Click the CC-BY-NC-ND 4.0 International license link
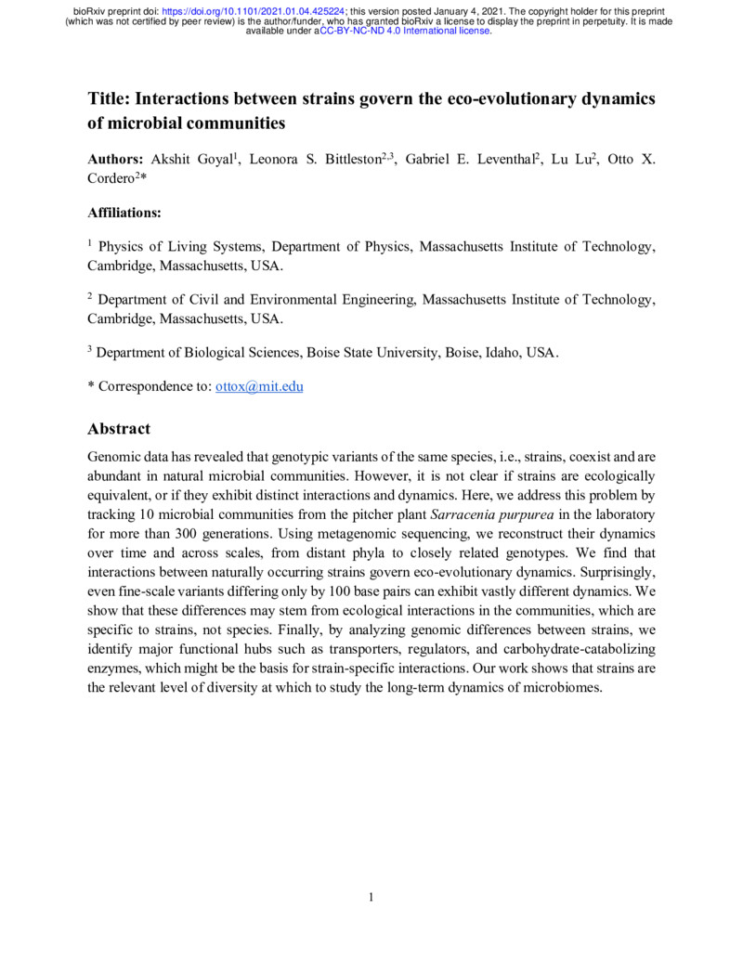(x=405, y=31)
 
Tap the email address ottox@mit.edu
(x=259, y=386)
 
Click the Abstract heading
(x=118, y=429)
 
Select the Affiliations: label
(x=124, y=213)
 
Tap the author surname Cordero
(x=110, y=178)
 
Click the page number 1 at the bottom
(x=371, y=897)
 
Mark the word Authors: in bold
(x=115, y=160)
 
